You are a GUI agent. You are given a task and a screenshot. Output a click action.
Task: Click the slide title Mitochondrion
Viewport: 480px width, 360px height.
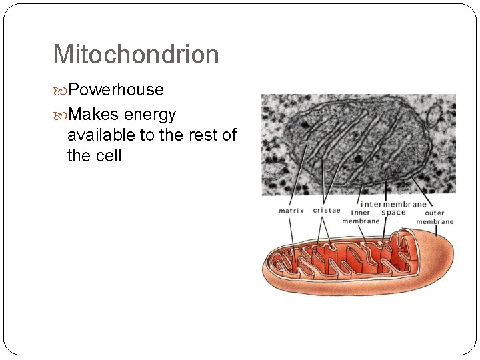point(135,55)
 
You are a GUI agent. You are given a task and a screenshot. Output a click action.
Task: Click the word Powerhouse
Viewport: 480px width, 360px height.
point(115,89)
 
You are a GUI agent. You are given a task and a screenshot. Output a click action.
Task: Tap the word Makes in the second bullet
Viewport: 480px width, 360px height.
point(93,115)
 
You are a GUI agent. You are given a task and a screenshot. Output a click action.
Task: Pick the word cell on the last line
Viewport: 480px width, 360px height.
point(108,157)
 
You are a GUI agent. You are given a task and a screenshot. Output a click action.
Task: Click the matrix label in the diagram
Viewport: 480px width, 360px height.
point(291,211)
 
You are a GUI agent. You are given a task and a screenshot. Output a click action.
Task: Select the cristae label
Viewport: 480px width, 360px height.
point(326,211)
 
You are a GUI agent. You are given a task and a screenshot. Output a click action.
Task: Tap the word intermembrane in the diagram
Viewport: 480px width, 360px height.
point(393,203)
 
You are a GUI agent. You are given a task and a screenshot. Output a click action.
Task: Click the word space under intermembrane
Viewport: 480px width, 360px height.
point(393,212)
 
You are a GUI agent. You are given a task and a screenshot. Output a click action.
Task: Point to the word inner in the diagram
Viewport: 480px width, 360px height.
point(361,213)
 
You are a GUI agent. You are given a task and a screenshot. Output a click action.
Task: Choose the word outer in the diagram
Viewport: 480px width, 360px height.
point(435,213)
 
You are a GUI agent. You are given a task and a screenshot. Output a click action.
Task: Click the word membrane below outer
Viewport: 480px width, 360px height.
point(435,222)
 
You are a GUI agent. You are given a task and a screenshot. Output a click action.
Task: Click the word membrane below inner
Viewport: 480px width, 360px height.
point(361,221)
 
